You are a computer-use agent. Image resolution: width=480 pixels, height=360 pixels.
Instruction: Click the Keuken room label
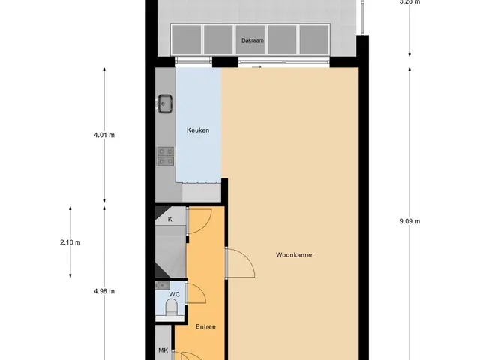pos(198,130)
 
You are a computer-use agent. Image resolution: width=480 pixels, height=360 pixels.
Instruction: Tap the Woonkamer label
pos(294,255)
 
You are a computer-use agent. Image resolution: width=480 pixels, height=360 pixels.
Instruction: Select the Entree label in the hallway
pos(205,327)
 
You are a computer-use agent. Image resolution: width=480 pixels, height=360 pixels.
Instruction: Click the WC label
pos(175,294)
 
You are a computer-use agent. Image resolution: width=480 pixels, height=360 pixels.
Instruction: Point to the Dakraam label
pos(253,40)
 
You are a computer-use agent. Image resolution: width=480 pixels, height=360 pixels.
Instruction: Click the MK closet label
pos(163,350)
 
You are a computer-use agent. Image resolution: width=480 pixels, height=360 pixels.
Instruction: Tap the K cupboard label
pos(170,220)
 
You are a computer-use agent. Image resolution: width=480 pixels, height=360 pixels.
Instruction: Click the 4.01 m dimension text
pos(104,135)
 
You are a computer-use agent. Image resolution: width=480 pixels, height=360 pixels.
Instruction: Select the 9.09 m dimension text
pos(409,221)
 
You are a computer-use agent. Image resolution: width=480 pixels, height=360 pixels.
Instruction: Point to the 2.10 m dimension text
pos(70,242)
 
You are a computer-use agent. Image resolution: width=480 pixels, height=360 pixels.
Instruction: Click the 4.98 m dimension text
pos(104,291)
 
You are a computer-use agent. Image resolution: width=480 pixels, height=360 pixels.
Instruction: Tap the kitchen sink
pos(165,103)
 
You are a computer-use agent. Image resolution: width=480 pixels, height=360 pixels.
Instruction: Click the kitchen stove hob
pos(166,157)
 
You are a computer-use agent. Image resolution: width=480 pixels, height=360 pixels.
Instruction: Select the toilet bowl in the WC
pos(171,307)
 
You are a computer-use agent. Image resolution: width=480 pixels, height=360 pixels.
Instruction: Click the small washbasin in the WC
pos(162,285)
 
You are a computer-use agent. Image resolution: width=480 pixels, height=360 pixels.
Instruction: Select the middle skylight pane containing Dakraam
pos(250,40)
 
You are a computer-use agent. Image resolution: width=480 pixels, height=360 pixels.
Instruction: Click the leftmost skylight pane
pos(186,40)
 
